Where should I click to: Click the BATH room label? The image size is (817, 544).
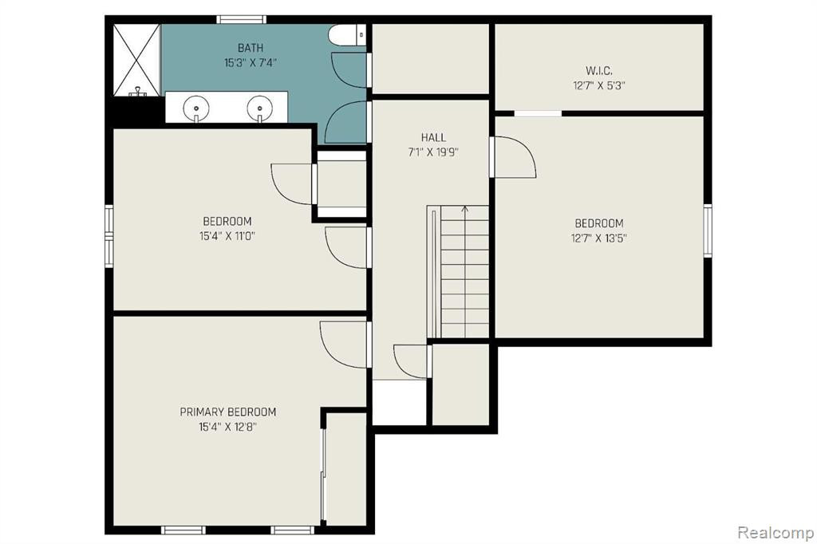[250, 48]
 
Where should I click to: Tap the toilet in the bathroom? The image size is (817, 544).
[348, 35]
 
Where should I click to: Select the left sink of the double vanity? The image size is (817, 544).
[196, 108]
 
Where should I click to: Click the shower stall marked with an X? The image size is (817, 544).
[136, 61]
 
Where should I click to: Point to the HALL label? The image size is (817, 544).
[433, 137]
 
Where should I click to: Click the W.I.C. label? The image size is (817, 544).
[598, 70]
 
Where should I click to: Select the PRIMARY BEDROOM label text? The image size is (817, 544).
[227, 412]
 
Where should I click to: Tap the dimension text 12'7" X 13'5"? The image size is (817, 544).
[598, 238]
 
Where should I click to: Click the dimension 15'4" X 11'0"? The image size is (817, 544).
[227, 236]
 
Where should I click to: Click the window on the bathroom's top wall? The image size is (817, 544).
[241, 20]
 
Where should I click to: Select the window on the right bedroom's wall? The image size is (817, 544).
[708, 231]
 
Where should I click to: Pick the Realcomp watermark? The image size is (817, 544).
[776, 533]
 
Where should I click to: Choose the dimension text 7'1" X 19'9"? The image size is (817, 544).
[433, 152]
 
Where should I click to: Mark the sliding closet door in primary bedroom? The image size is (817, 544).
[324, 473]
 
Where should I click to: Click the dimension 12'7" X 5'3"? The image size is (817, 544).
[598, 85]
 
